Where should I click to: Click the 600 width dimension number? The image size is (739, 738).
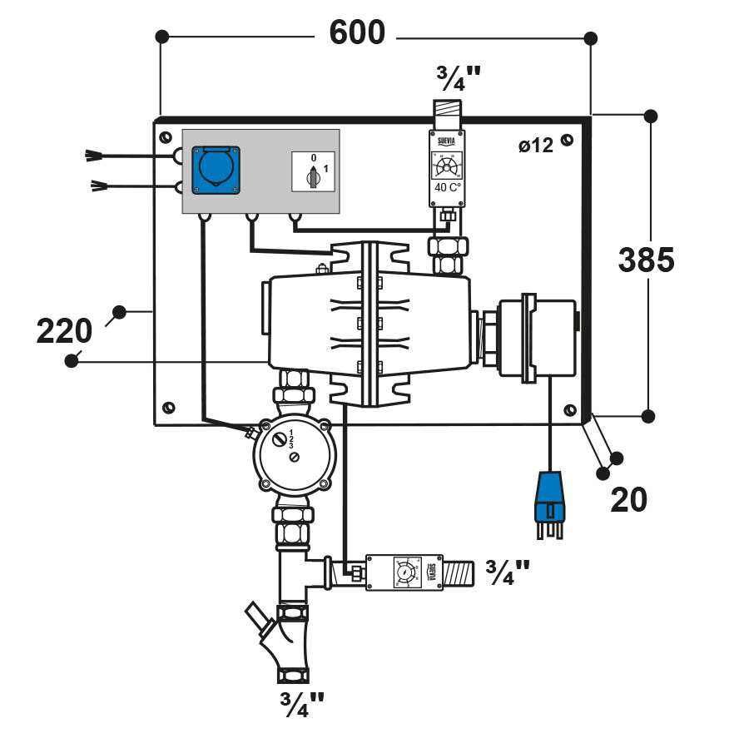tap(357, 33)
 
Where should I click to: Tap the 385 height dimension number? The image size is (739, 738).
tap(646, 261)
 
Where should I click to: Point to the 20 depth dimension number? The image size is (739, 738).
tap(628, 500)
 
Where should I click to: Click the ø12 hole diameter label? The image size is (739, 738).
tap(535, 146)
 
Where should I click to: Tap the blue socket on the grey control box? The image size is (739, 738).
tap(216, 171)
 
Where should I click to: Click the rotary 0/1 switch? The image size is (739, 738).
tap(313, 174)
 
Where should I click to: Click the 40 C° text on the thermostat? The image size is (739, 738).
tap(448, 187)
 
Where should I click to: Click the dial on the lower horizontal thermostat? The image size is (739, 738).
tap(403, 573)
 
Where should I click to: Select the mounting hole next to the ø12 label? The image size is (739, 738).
tap(567, 140)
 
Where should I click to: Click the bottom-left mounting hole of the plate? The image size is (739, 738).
tap(169, 407)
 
